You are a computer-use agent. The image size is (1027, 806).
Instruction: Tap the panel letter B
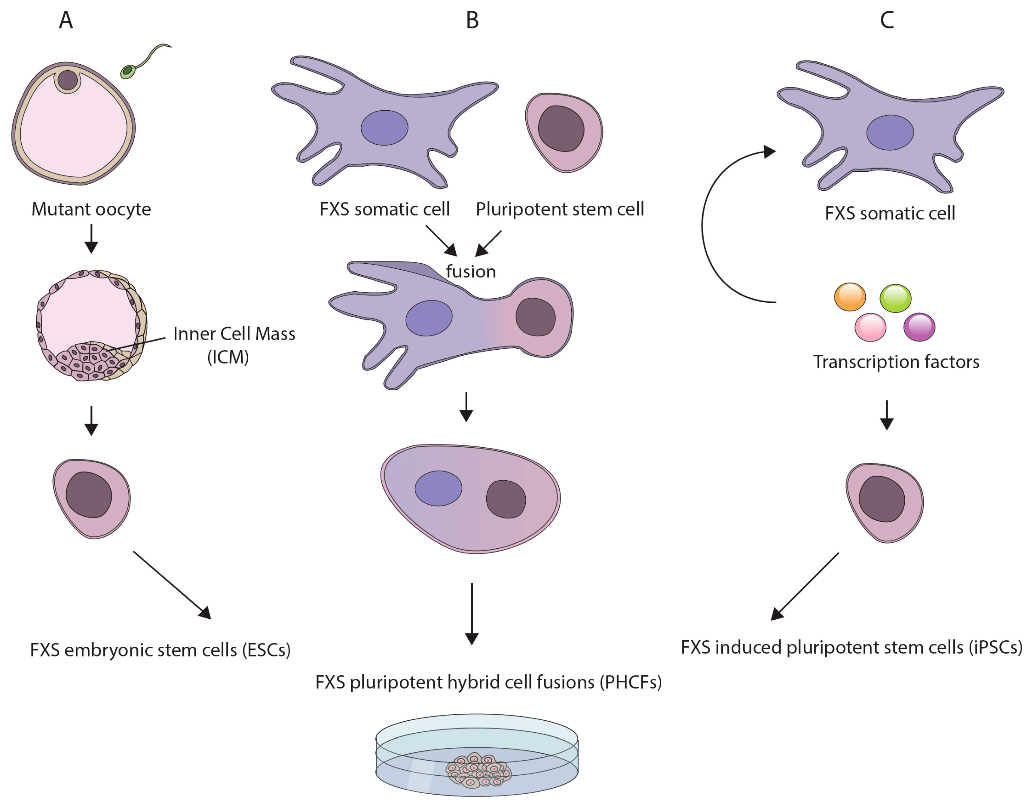point(472,20)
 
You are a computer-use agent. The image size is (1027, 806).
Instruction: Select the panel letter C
point(887,20)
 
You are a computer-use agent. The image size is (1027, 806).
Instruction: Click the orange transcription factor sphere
point(850,297)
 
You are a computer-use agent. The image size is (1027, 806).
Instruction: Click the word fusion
point(470,272)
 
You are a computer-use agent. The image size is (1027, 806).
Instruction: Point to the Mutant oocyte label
point(91,209)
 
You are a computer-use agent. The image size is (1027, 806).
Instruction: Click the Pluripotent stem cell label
point(560,209)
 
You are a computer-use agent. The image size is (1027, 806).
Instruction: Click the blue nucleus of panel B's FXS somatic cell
point(384,127)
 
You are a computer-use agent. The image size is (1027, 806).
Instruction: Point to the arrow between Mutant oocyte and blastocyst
point(91,238)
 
